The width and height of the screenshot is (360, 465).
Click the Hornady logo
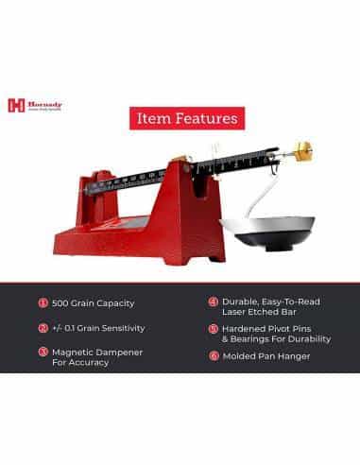[x=27, y=106]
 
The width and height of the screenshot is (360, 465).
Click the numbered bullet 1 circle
[x=43, y=303]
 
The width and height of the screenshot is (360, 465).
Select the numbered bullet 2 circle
[x=43, y=328]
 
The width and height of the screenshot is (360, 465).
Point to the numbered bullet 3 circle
[x=43, y=352]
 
